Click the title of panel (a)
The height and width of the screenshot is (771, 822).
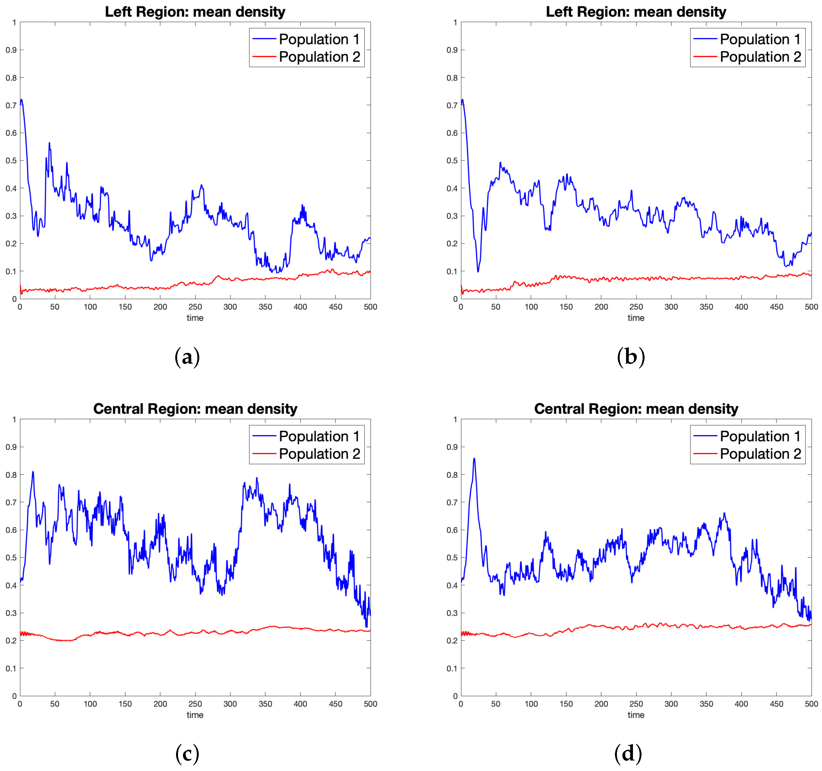tap(195, 12)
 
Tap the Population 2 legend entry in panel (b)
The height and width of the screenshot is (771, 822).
tap(760, 57)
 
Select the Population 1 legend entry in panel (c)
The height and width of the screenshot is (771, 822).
tap(319, 436)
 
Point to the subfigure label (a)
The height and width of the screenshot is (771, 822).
tap(187, 356)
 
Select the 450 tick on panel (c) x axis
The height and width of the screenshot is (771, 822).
tap(335, 704)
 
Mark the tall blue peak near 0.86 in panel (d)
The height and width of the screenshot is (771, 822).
tap(474, 458)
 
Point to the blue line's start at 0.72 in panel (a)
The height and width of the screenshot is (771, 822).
tap(22, 100)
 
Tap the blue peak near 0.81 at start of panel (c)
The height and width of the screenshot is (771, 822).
tap(33, 472)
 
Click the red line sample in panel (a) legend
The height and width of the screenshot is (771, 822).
tap(264, 57)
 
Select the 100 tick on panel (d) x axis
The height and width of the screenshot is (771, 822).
tap(531, 704)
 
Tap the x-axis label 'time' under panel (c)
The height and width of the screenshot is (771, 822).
tap(195, 715)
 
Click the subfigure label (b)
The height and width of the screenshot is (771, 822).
tap(630, 356)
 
